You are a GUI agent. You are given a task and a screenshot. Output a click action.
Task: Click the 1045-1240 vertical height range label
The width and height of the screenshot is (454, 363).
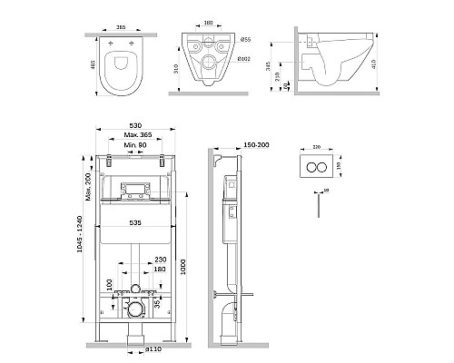pos(84,248)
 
